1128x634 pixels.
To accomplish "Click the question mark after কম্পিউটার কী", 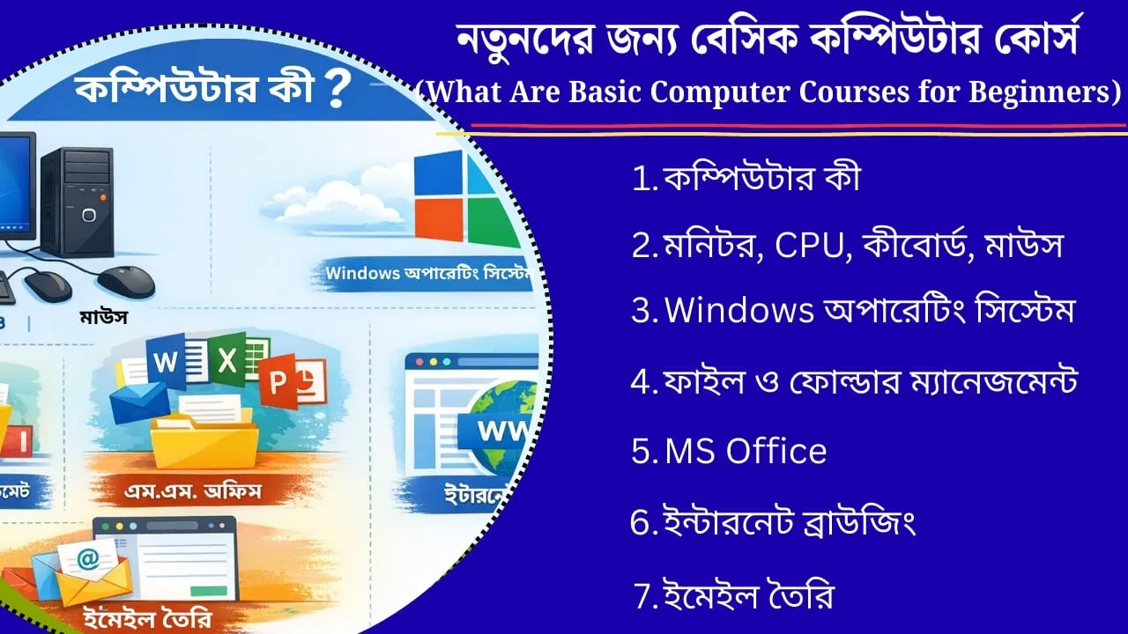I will (x=334, y=91).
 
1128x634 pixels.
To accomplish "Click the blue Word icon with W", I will (x=167, y=362).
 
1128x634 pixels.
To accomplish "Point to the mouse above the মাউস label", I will (x=125, y=282).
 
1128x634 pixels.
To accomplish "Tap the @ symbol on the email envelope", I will (x=87, y=557).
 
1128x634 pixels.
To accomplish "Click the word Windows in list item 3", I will (x=738, y=311).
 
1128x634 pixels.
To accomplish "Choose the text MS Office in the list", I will (x=746, y=452).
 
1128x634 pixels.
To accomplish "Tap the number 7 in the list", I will (x=644, y=598).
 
